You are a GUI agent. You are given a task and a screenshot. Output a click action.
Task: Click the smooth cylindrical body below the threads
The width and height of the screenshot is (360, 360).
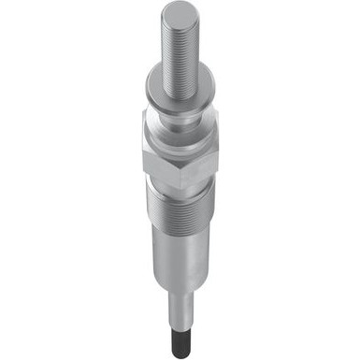pos(180,266)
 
